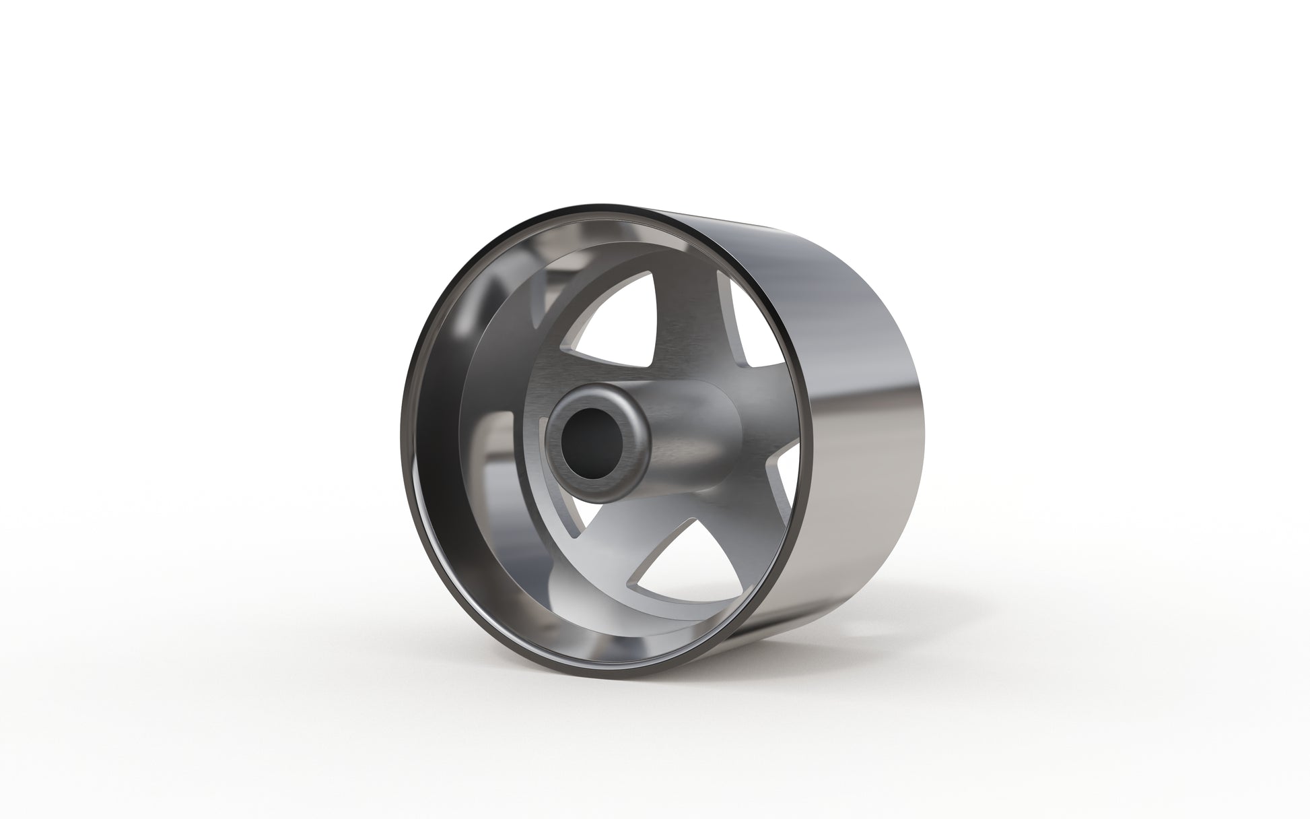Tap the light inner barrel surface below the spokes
606,606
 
